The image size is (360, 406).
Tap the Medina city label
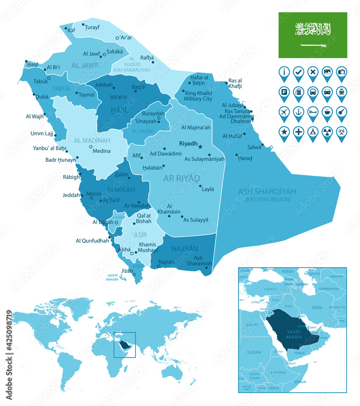coord(101,151)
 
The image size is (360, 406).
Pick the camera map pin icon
coord(341,73)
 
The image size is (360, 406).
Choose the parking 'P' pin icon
coord(285,93)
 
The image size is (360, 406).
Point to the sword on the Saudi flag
coord(313,46)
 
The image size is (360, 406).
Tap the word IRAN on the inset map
coord(316,307)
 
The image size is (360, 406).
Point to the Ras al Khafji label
coord(235,83)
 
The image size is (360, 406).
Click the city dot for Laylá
coord(200,187)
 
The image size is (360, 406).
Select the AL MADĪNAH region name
coord(92,140)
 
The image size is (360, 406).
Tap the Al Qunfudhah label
coord(92,241)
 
